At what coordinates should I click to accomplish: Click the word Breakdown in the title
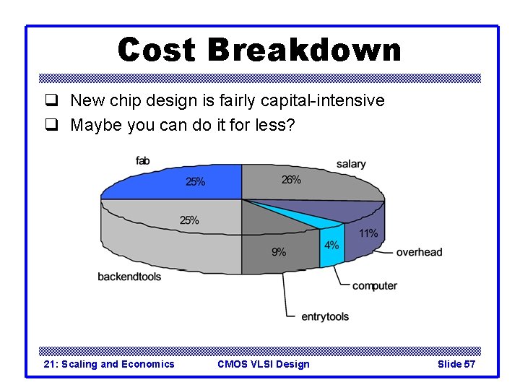304,51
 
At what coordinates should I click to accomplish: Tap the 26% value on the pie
291,180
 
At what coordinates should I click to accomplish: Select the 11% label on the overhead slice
368,233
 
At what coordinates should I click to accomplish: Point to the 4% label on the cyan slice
331,245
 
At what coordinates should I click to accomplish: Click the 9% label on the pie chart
279,252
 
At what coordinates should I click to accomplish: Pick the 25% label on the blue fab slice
195,182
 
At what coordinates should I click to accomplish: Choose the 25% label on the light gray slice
189,220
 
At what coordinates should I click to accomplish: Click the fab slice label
143,160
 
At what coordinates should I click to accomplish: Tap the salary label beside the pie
351,164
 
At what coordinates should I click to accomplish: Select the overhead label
419,252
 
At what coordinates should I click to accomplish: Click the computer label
375,286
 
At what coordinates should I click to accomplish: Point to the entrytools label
325,316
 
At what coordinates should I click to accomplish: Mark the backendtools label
130,277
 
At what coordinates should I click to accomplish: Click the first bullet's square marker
51,101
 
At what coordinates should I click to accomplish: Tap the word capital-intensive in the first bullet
323,101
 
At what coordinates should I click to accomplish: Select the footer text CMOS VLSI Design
263,364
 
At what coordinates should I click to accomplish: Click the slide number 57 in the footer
469,364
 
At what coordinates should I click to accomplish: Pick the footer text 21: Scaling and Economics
109,364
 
